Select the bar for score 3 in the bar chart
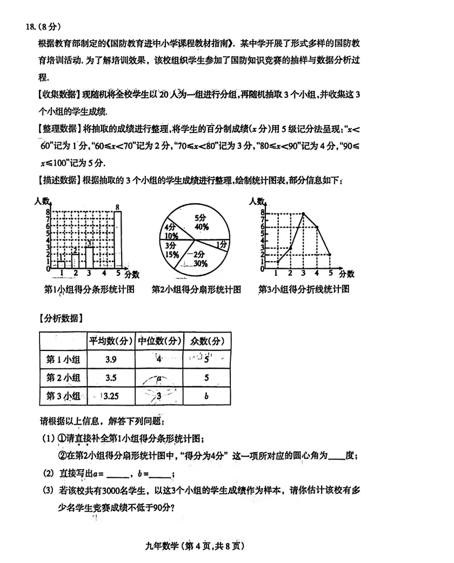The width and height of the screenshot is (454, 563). click(x=89, y=257)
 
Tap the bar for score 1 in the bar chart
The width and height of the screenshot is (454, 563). click(x=62, y=264)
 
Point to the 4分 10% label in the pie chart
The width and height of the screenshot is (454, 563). click(x=171, y=231)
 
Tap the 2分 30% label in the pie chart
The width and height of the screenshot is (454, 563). click(x=198, y=259)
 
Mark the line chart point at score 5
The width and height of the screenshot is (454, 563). click(x=330, y=254)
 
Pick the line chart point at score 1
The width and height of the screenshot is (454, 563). click(x=278, y=262)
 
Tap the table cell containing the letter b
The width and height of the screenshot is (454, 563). click(x=207, y=396)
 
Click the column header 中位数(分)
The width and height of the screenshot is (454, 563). click(x=159, y=341)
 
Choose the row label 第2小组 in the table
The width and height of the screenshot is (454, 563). click(x=63, y=377)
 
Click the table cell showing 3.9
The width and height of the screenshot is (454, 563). click(x=110, y=359)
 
